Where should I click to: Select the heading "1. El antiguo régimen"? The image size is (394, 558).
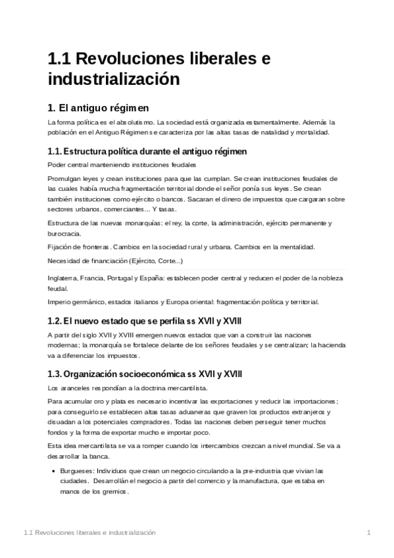(x=99, y=107)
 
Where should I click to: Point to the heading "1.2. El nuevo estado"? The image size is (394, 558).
(x=145, y=321)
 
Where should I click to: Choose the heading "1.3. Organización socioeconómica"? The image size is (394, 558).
(x=145, y=374)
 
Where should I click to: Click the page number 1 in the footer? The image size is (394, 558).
(x=369, y=532)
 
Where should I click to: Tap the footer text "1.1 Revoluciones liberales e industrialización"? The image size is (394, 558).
(x=89, y=532)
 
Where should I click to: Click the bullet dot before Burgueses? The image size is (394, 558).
(x=52, y=472)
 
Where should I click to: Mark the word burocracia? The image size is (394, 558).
(x=64, y=234)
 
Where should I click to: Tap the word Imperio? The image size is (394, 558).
(x=60, y=302)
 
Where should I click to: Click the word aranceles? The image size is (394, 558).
(x=78, y=388)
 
